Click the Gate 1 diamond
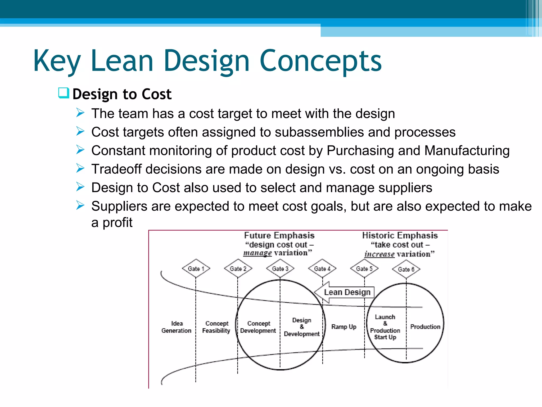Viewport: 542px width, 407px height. click(196, 268)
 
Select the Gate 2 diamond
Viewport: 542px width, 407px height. click(238, 268)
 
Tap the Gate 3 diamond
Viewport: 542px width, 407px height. click(280, 268)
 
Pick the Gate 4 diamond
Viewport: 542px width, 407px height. click(322, 268)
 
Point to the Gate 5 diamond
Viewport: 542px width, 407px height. click(364, 268)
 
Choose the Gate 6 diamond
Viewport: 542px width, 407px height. click(406, 269)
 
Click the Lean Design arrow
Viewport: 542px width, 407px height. click(344, 292)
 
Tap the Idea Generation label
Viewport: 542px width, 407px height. click(177, 327)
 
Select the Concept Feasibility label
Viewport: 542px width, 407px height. click(216, 327)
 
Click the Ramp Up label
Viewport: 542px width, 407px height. click(344, 327)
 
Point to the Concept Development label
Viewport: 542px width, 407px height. click(258, 327)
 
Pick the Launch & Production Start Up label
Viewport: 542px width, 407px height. click(385, 327)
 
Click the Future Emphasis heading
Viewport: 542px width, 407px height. click(279, 235)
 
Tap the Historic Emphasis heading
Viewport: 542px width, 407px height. click(400, 235)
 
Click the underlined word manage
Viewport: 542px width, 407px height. click(257, 253)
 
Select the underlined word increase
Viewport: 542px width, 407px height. click(379, 254)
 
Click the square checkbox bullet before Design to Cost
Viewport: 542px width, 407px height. click(64, 93)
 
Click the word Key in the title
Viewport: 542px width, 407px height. click(57, 61)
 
